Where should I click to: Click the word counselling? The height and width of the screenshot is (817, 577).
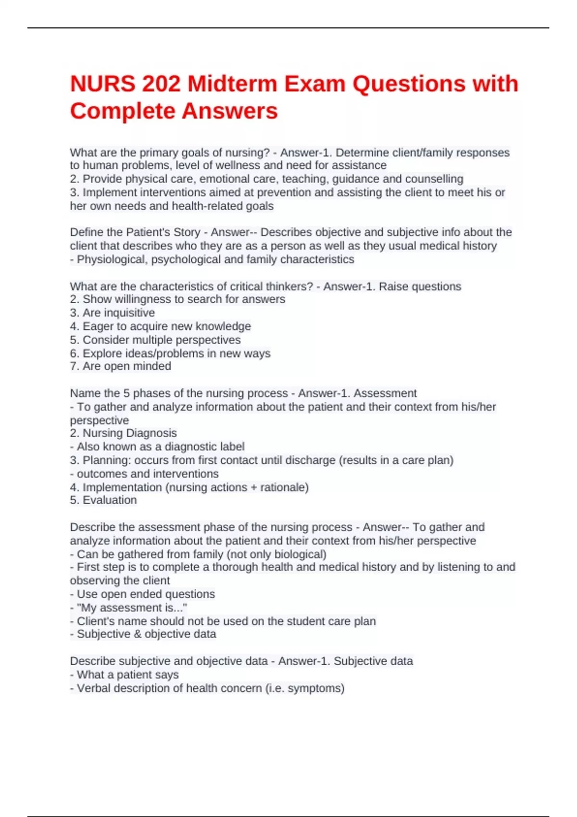(434, 179)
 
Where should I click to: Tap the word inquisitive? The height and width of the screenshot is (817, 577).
(129, 313)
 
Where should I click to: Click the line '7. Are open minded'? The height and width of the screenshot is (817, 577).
(121, 366)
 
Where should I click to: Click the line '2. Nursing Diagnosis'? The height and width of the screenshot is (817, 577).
(124, 433)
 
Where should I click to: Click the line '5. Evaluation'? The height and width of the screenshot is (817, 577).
(103, 500)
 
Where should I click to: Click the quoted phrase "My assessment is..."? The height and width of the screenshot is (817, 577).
(132, 607)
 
